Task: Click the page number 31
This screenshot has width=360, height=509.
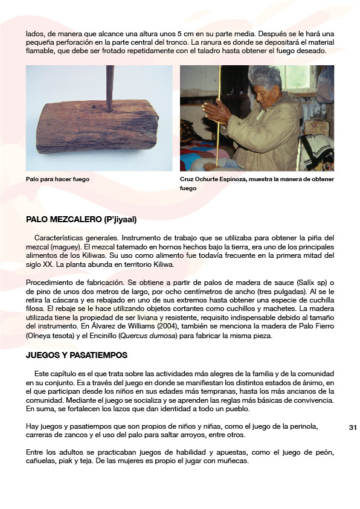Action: (x=353, y=427)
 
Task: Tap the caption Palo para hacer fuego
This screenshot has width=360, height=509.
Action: (x=57, y=179)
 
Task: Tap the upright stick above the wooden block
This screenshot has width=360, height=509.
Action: (x=110, y=88)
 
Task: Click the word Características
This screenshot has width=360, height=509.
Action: (x=60, y=238)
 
